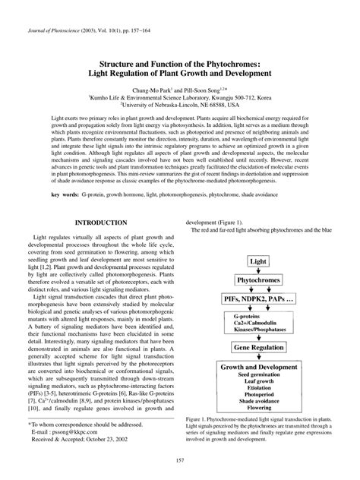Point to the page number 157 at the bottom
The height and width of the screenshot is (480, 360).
(179, 461)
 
